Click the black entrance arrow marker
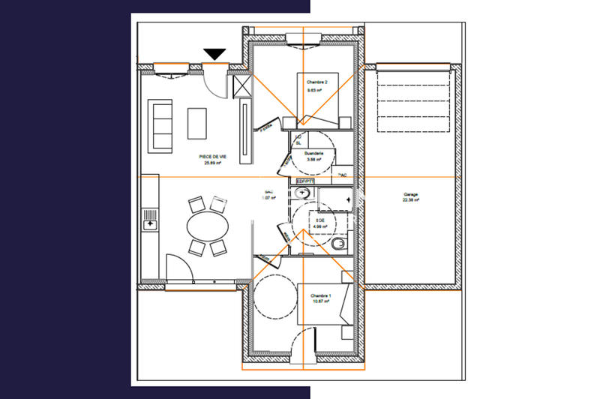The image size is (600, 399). pos(215,54)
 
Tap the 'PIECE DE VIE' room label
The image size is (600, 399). pos(212,156)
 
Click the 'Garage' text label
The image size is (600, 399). pos(410,193)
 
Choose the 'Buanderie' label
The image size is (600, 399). pos(314,152)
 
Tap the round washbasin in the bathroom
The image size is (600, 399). pos(304,193)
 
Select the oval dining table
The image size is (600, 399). pos(207,225)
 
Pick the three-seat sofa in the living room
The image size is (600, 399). pos(161,124)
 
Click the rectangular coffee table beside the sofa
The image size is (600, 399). pos(196,123)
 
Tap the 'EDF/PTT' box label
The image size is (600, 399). pos(304,181)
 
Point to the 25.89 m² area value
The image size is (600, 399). pos(212,163)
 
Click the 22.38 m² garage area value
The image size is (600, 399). pos(410,200)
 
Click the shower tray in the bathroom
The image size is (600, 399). pos(335,199)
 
